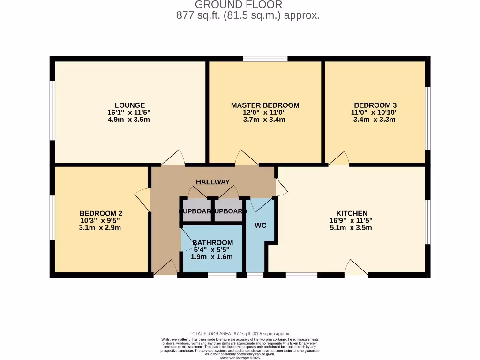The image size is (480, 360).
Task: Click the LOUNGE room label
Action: coord(129,105)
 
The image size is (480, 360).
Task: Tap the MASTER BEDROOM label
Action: coord(265,105)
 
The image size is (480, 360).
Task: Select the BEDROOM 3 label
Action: coord(375,105)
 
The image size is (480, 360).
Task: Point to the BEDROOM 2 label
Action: coord(101,213)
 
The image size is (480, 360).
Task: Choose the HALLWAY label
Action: coord(213,182)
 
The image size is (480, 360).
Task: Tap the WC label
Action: coord(261,225)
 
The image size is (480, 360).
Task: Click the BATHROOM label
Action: coord(212,242)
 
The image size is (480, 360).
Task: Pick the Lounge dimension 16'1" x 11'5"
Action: coord(129,112)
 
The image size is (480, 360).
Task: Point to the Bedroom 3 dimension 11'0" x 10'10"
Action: coord(375,112)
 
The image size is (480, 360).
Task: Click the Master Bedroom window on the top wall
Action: coord(265,59)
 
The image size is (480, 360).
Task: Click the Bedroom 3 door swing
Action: coord(339,159)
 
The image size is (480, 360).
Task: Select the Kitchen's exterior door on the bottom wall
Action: coord(356,269)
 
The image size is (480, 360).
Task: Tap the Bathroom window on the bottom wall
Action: coord(222,275)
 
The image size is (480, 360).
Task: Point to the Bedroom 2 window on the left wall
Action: coord(52,219)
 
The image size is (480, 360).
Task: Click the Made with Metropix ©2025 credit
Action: coord(240,358)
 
